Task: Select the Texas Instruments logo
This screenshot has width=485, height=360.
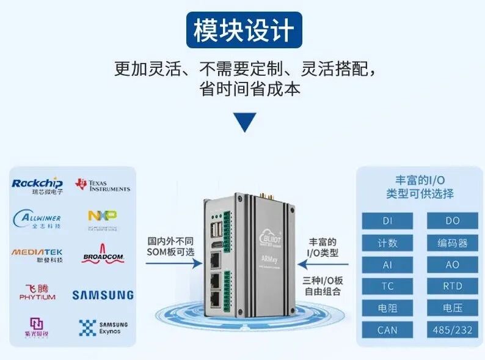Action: [102, 185]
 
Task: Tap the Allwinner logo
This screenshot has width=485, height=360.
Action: [37, 219]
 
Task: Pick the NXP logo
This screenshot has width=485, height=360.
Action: [102, 218]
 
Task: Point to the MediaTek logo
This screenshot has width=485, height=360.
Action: [37, 254]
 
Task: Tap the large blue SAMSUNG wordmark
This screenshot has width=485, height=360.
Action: [103, 295]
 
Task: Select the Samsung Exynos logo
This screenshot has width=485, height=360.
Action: [103, 328]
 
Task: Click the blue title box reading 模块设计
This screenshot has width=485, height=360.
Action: [244, 31]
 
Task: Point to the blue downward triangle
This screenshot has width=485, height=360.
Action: [244, 123]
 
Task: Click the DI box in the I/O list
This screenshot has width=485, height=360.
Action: [387, 221]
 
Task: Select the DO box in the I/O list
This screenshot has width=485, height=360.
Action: [452, 221]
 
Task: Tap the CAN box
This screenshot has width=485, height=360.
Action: [387, 330]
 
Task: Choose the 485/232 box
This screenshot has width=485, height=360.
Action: [452, 330]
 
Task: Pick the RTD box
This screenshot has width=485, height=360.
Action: [452, 286]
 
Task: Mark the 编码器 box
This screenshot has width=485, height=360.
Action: [452, 243]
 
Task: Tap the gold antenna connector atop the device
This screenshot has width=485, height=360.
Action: [266, 197]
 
